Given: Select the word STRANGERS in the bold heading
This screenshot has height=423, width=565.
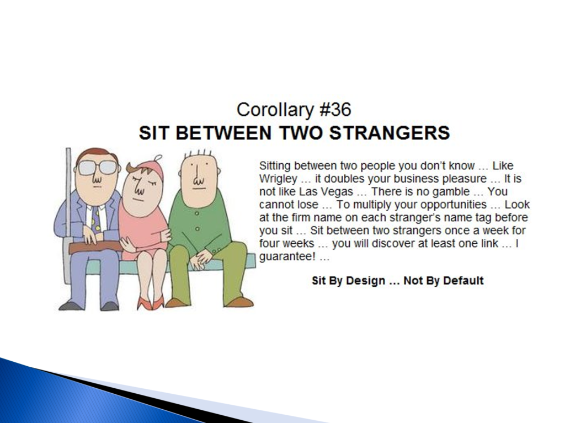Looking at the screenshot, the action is (390, 132).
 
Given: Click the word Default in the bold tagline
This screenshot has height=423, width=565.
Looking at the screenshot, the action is (463, 280).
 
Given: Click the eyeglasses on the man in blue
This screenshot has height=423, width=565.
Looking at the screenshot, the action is (98, 168).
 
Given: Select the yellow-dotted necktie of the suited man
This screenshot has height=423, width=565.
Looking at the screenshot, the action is (96, 219).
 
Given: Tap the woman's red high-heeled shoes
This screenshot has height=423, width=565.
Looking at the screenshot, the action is (151, 303).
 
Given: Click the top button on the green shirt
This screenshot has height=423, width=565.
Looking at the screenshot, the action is (197, 213).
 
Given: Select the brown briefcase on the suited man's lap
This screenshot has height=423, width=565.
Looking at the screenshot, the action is (96, 247).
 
